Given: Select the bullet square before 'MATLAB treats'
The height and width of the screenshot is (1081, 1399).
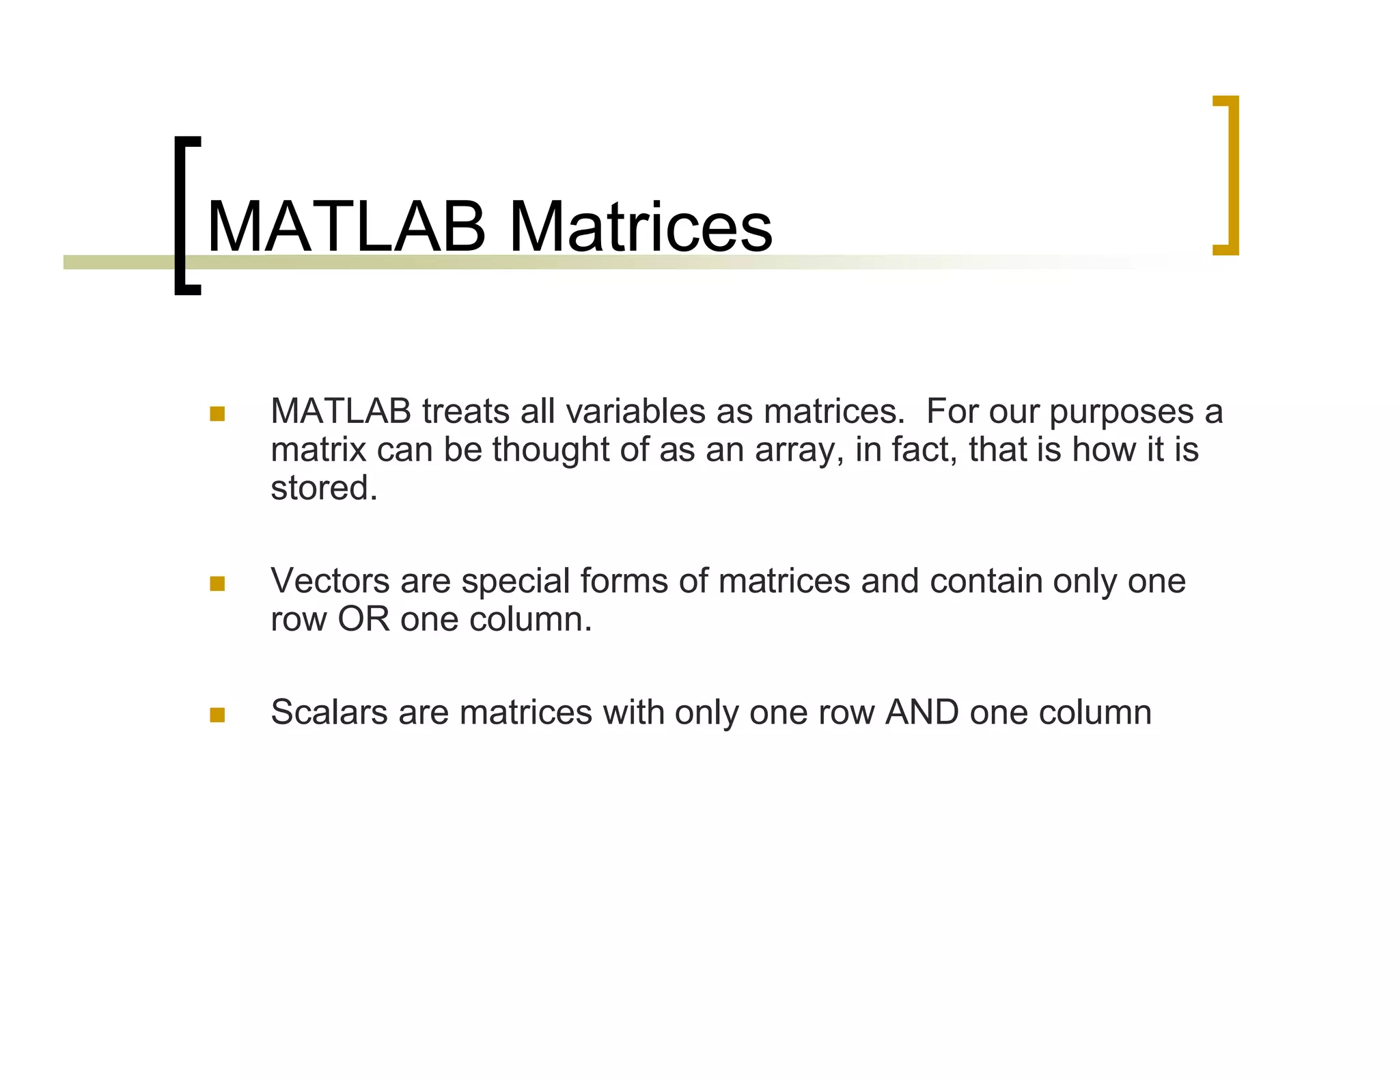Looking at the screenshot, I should pos(217,413).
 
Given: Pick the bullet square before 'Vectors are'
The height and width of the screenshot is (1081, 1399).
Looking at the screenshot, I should pos(217,583).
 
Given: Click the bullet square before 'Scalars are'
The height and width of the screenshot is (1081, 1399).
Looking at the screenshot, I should pos(217,715).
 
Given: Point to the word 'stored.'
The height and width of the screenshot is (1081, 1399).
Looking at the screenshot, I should pos(324,488).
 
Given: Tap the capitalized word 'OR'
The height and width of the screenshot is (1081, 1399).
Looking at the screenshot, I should pos(363,619).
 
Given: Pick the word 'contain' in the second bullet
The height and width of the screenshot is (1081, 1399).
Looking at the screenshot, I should pos(986,581).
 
